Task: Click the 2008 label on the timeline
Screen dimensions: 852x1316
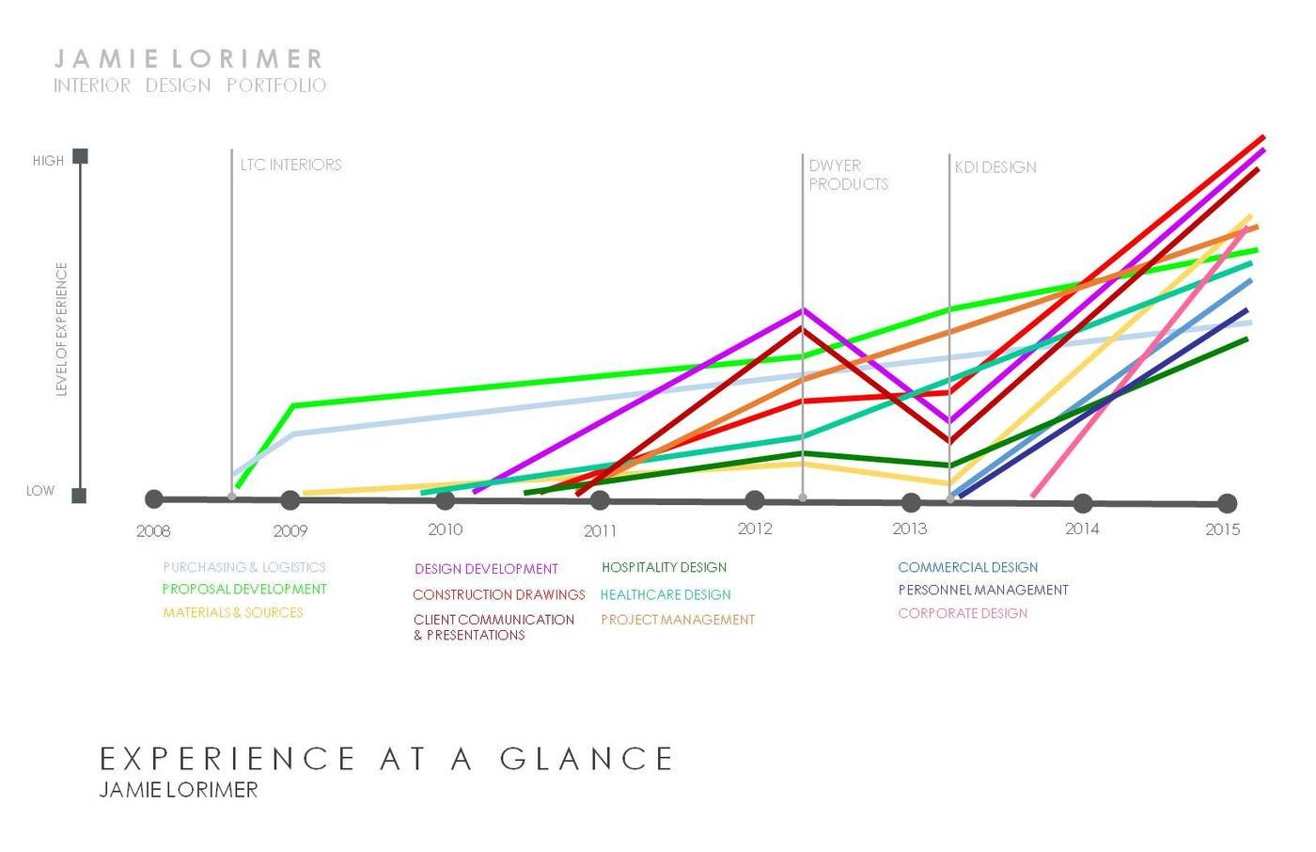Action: coord(153,531)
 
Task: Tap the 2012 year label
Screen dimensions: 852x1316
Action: coord(755,529)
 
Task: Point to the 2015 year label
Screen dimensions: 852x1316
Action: coord(1223,529)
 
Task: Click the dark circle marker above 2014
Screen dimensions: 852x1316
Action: coord(1083,503)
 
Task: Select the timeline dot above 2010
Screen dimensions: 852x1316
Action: coord(446,500)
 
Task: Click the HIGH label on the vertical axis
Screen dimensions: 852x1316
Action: coord(48,161)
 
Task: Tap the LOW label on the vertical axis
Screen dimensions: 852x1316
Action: coord(40,491)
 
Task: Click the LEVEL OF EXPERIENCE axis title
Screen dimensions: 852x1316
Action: coord(62,329)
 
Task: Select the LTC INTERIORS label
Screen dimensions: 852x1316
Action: coord(290,165)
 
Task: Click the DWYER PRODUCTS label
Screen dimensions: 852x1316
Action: coord(848,175)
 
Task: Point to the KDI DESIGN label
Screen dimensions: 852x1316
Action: coord(995,167)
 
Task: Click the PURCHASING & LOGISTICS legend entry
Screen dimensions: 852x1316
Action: coord(244,567)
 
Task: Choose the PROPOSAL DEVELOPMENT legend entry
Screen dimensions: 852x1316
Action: coord(244,590)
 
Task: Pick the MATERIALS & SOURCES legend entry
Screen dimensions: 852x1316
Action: coord(233,612)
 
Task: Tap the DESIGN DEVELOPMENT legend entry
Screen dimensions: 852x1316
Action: coord(486,569)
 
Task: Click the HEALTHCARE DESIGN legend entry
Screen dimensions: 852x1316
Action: coord(666,595)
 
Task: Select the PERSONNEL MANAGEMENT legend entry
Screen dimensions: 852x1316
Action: coord(983,591)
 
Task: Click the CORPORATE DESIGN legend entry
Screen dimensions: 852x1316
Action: coord(963,613)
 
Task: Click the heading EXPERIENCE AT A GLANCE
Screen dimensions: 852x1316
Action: coord(386,759)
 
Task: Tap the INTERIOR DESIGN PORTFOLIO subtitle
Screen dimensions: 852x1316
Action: coord(190,86)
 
